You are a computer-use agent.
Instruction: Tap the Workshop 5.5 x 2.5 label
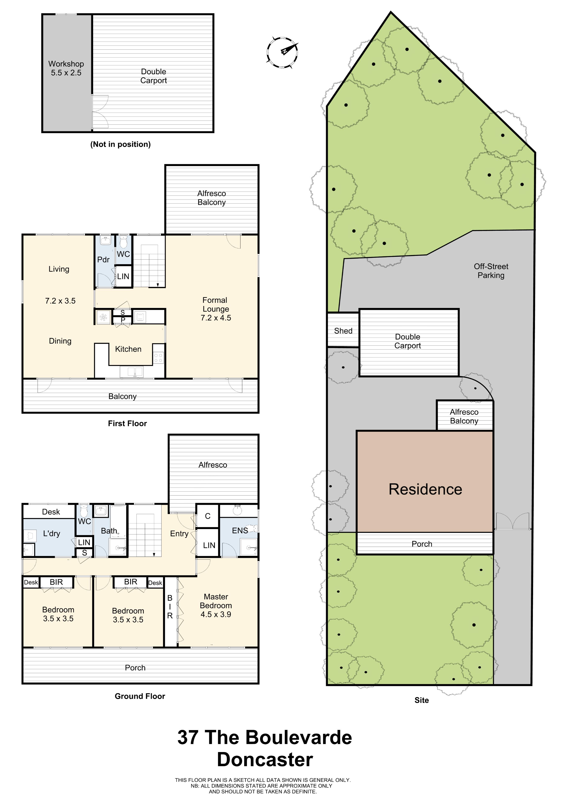coord(66,68)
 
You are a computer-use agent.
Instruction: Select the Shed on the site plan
coord(343,330)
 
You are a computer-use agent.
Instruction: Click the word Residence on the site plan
coord(425,489)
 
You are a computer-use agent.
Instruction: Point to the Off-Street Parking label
coord(491,271)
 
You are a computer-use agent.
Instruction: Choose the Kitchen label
coord(128,349)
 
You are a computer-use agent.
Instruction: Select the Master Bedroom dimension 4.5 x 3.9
coord(215,614)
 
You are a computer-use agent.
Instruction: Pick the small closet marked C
coord(208,516)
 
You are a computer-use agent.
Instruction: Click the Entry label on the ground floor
coord(179,534)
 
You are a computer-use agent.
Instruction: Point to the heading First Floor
coord(127,423)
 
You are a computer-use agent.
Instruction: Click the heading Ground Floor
coord(140,696)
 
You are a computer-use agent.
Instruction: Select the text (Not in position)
coord(120,144)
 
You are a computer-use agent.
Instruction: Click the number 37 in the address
coord(188,737)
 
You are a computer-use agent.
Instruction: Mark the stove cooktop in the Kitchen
coord(158,358)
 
